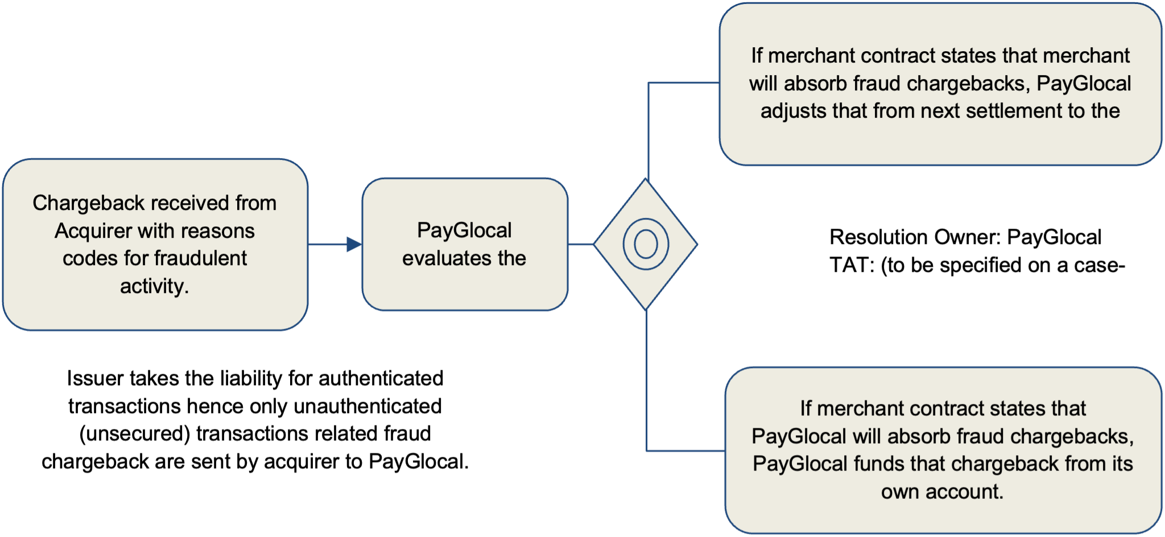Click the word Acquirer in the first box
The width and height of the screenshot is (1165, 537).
(93, 232)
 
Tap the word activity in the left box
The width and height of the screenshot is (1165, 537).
(152, 286)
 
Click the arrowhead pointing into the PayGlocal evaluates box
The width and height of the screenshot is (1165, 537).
(354, 245)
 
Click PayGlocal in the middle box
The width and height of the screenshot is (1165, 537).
(464, 231)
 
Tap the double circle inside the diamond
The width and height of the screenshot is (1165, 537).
(646, 245)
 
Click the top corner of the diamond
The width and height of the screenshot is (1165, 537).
(646, 181)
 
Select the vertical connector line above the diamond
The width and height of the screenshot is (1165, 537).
(648, 131)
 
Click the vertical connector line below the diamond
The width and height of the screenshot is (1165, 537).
(647, 381)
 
